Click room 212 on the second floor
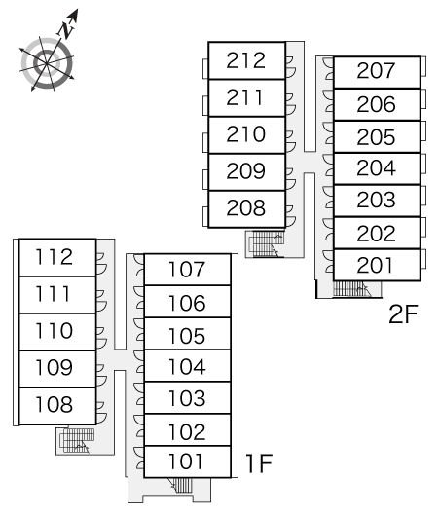tap(246, 60)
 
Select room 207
tap(377, 72)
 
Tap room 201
tap(377, 265)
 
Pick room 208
tap(246, 209)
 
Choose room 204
tap(377, 168)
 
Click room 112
tap(57, 257)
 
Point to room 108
tap(57, 406)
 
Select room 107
tap(187, 270)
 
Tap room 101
tap(187, 461)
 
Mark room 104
tap(187, 366)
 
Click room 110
tap(57, 332)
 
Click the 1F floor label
tap(260, 463)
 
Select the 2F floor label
tap(403, 314)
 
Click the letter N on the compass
tap(67, 29)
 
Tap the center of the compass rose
tap(47, 62)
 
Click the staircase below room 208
tap(266, 243)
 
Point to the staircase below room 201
tap(352, 288)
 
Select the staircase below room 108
tap(76, 440)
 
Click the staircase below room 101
tap(181, 485)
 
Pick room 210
tap(246, 135)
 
